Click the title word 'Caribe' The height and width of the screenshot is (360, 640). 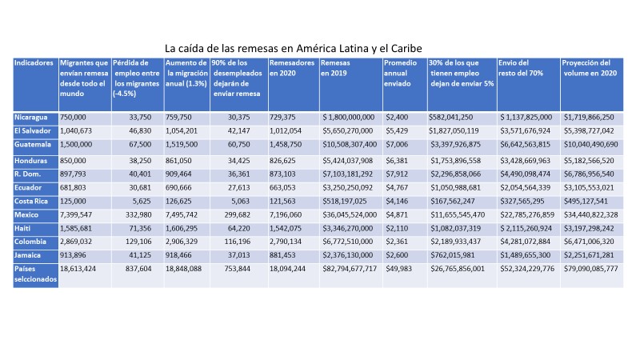406,49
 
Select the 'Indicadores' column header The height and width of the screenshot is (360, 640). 34,63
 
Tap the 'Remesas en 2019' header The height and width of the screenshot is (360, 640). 335,68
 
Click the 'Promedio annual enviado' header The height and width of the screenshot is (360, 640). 400,73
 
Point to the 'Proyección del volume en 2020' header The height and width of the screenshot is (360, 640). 590,68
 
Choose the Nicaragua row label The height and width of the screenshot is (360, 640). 30,117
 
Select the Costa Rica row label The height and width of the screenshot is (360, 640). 31,202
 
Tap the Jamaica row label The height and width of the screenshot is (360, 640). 27,255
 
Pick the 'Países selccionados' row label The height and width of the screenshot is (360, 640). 35,274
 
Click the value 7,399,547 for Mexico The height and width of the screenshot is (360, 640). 76,214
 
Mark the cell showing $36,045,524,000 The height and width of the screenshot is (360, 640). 350,214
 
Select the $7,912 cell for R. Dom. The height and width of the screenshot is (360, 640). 397,174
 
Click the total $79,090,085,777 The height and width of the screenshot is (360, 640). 591,269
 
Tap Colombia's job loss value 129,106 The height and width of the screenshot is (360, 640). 138,242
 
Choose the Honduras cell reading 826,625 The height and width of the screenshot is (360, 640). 282,161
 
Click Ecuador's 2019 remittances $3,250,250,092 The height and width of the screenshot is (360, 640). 348,188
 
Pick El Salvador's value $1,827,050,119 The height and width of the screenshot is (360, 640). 454,131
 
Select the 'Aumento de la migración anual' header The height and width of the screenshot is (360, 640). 186,73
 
